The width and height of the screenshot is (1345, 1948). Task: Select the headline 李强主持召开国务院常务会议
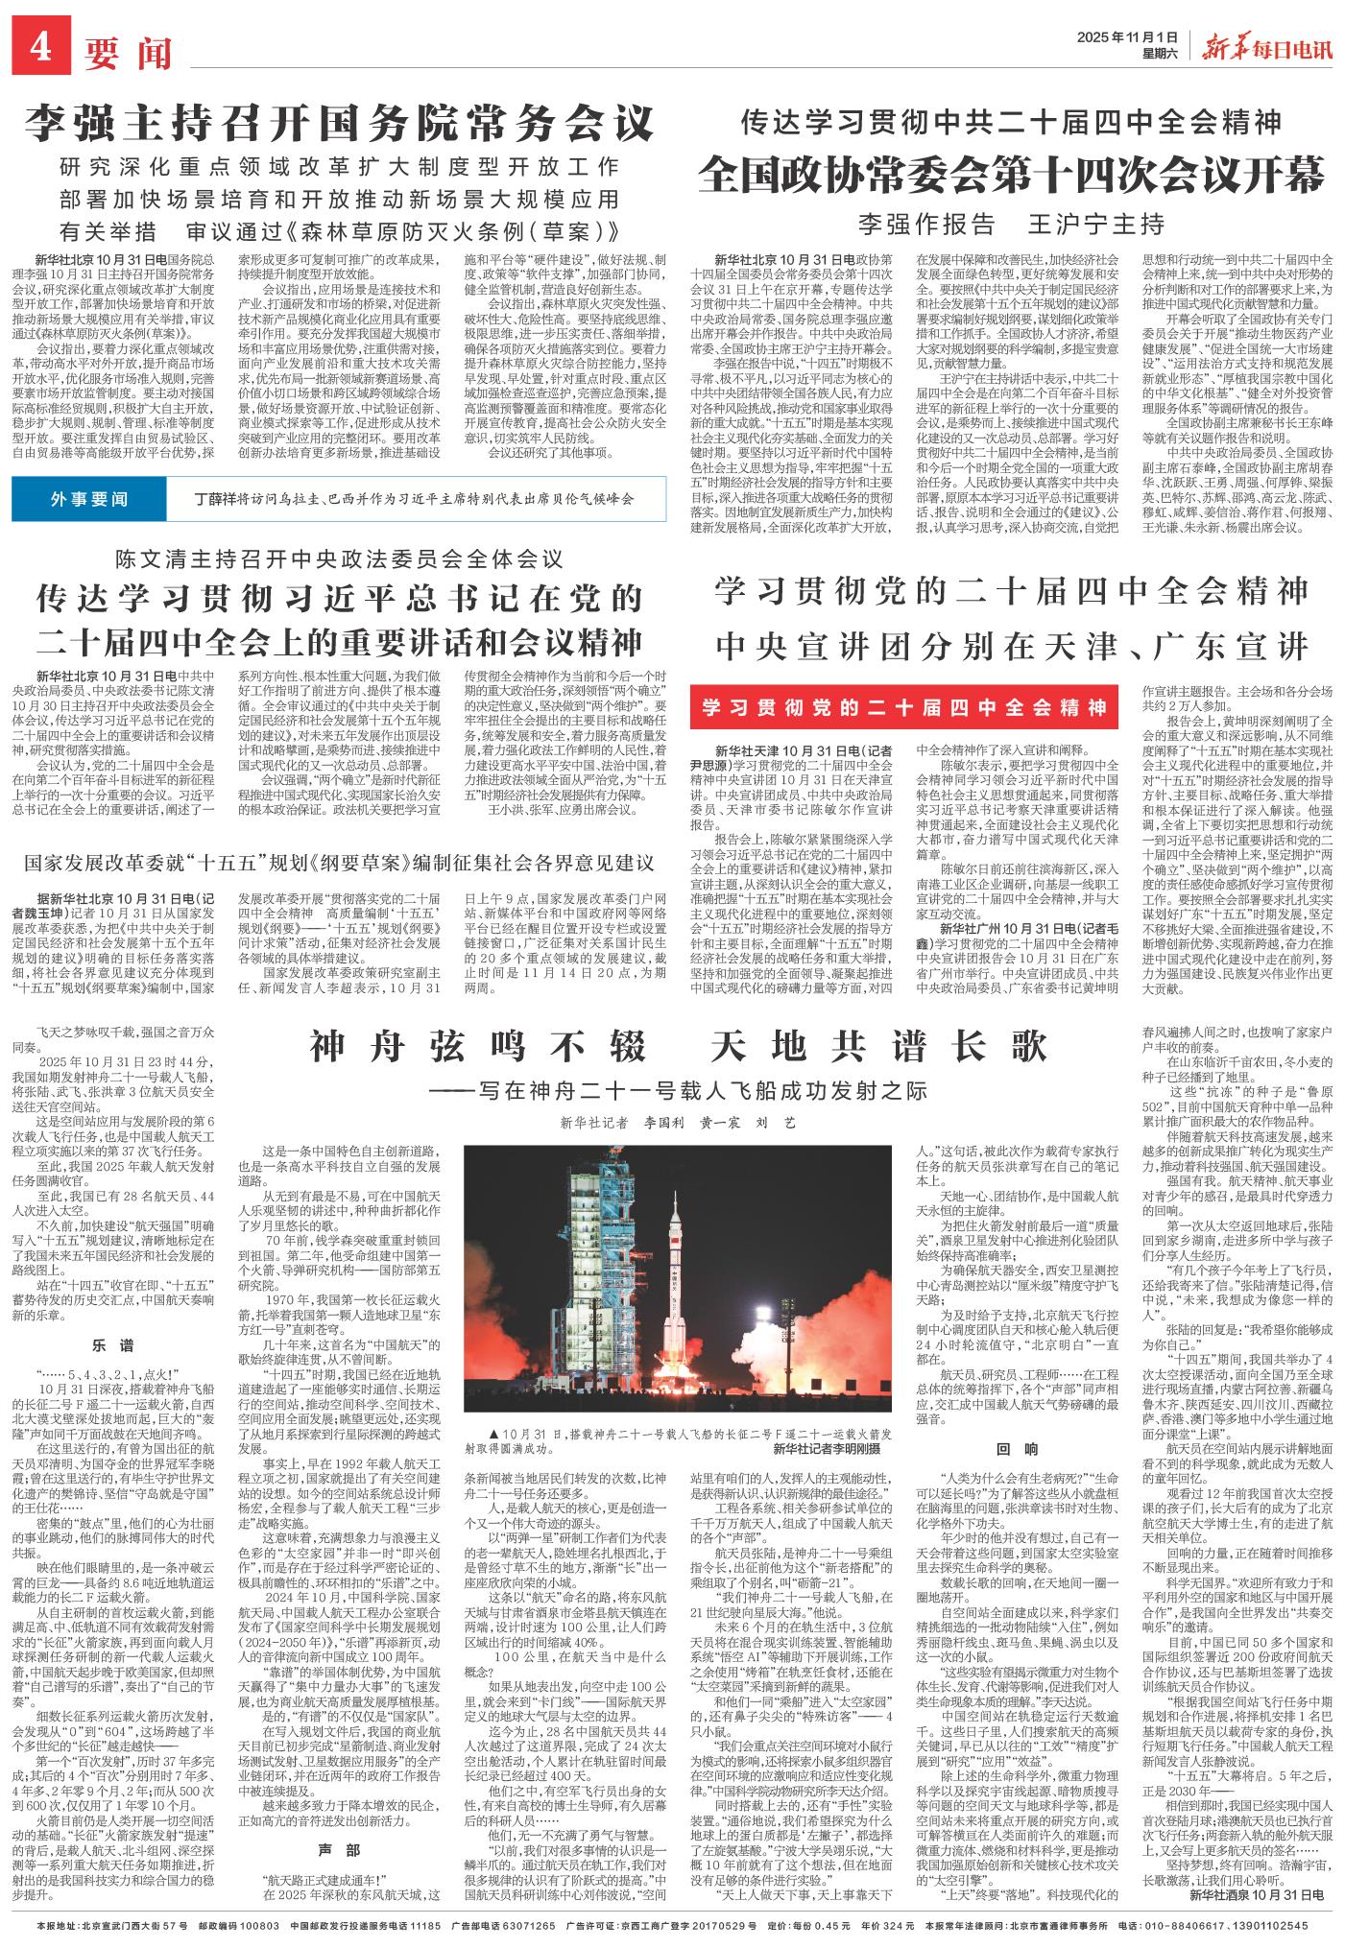coord(340,122)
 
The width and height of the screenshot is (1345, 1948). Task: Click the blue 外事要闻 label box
coord(89,499)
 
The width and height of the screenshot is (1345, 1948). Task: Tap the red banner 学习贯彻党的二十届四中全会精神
coord(903,708)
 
